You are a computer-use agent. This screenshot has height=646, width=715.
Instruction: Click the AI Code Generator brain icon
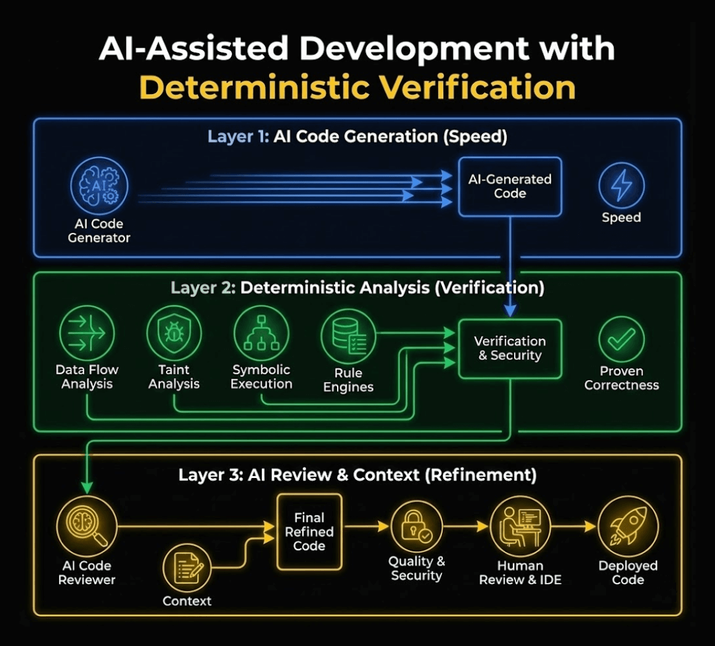(x=99, y=186)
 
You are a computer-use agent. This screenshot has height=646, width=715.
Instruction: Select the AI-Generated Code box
(x=510, y=186)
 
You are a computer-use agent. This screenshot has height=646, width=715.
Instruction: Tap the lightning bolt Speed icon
(x=622, y=185)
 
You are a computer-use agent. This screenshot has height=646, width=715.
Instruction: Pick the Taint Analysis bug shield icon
(x=174, y=334)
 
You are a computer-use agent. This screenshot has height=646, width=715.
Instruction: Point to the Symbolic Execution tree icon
(x=261, y=333)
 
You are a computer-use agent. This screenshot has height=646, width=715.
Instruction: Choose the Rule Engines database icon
(x=349, y=337)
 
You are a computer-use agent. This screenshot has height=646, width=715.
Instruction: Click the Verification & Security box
(x=510, y=348)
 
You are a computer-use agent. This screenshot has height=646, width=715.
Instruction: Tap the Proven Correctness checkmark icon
(x=621, y=339)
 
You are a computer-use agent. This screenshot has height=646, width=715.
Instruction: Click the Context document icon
(x=187, y=567)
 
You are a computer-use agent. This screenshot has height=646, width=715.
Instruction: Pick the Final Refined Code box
(x=309, y=532)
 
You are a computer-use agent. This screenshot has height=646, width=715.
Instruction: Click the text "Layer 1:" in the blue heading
(x=237, y=137)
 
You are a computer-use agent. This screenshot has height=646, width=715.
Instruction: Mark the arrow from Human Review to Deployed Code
(x=573, y=527)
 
